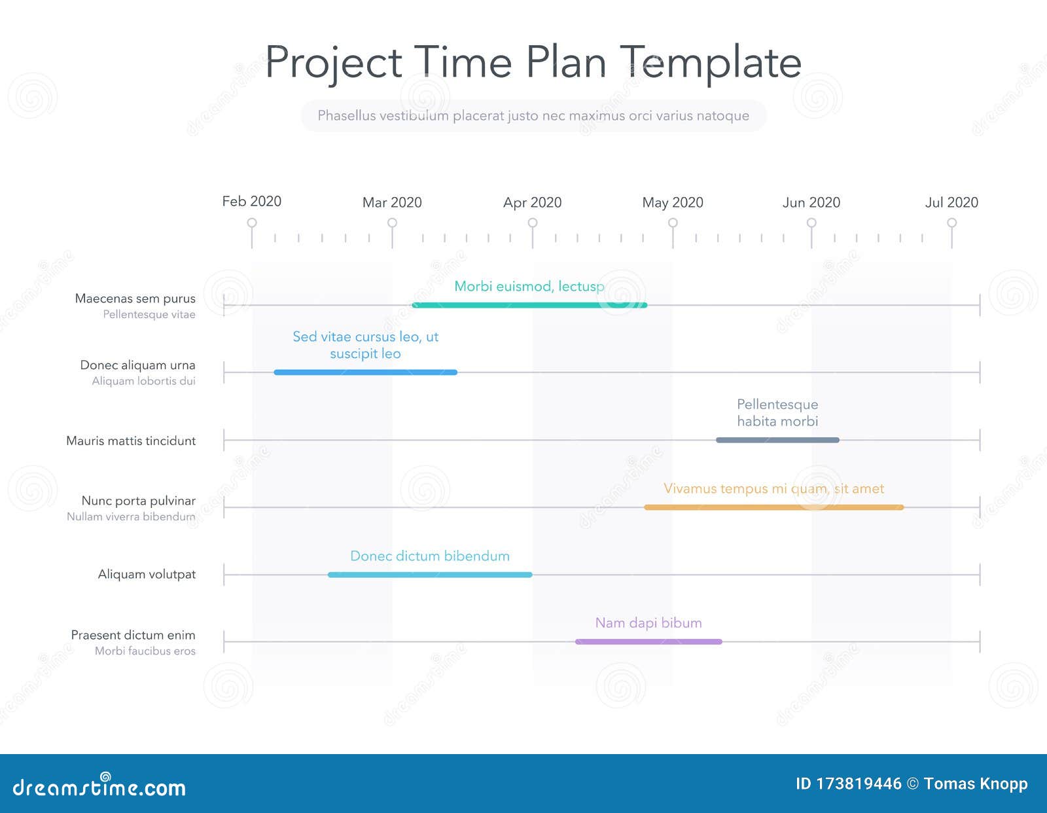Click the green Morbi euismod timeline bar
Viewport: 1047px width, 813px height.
529,305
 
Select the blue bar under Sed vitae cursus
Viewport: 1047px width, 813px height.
365,372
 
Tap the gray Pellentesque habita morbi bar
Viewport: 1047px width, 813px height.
777,440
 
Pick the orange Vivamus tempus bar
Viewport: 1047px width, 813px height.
773,507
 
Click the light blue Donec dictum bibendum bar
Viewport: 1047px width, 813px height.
430,575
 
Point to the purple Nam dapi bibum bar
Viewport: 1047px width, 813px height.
648,641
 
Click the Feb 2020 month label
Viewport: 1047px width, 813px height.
252,202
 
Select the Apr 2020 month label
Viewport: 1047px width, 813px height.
532,203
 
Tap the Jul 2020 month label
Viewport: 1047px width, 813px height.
951,203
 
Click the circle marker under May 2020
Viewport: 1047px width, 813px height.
673,223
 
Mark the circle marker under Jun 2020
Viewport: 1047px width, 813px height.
811,223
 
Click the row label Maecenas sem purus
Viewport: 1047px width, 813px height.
135,298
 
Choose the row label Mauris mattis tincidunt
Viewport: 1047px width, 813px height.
131,441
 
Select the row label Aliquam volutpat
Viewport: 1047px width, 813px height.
147,574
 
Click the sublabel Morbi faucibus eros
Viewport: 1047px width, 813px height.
145,651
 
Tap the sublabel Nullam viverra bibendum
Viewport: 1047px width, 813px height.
131,516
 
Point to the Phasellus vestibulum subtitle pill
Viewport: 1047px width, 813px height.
533,116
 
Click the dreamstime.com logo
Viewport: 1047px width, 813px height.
99,786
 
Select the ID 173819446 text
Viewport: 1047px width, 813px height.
848,784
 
